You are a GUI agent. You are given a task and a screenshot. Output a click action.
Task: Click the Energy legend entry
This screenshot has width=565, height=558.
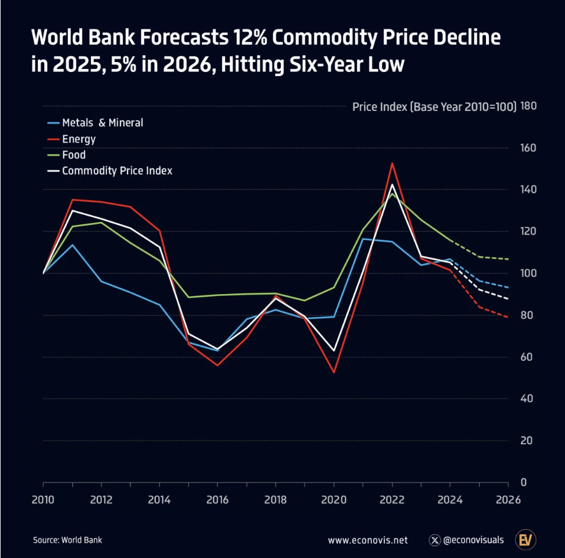point(79,139)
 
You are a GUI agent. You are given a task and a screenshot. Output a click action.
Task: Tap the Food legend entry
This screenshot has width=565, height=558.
point(74,155)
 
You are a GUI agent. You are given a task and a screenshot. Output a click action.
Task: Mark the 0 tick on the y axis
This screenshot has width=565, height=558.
point(524,482)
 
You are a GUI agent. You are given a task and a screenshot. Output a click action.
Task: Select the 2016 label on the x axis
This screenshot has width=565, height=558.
point(217,500)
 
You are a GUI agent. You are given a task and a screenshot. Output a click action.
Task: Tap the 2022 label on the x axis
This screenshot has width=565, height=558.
point(392,500)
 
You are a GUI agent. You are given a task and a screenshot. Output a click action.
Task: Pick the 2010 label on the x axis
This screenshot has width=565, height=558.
point(44,500)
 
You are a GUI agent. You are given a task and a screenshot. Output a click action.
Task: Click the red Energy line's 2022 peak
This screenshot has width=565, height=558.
point(392,164)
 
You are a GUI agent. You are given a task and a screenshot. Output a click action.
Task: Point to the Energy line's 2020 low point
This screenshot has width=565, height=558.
point(334,372)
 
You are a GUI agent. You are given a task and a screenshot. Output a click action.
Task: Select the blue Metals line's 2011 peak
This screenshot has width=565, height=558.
point(73,244)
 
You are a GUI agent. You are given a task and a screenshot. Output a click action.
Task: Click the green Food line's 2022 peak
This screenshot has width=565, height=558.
point(392,194)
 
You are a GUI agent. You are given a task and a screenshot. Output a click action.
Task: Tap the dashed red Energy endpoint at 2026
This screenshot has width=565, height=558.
point(508,317)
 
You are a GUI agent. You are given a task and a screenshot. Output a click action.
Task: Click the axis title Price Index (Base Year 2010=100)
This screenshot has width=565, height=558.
point(434,107)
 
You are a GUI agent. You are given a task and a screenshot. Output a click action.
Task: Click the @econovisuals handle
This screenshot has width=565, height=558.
point(472,540)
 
